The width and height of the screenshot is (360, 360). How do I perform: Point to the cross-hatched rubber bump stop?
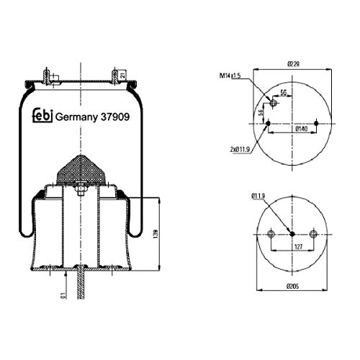click(x=81, y=170)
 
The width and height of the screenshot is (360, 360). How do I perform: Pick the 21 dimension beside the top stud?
click(x=124, y=76)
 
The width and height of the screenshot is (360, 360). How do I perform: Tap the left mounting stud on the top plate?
click(x=48, y=75)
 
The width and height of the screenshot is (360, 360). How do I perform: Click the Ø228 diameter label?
click(x=294, y=64)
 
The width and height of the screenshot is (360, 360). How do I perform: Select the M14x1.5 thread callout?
click(x=230, y=76)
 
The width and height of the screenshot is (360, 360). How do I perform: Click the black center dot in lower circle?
click(x=292, y=233)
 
